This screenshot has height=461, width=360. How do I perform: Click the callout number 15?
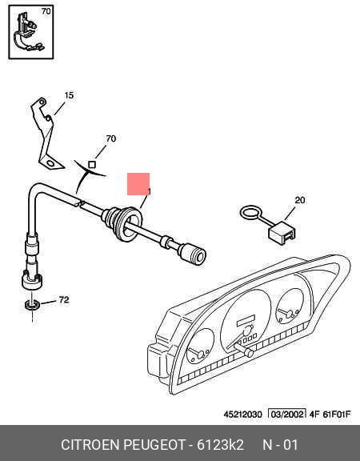point(69,95)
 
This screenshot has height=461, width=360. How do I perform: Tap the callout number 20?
point(300,200)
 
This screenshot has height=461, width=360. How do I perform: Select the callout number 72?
point(64,300)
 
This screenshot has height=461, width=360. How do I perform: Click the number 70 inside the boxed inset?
point(46,11)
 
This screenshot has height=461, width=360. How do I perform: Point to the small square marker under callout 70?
point(92,165)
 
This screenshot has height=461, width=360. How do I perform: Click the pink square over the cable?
point(138,184)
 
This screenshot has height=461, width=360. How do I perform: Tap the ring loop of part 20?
point(250,212)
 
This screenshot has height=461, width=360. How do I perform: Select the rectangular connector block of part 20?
point(282,232)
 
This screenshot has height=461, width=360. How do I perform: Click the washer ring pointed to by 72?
point(32,305)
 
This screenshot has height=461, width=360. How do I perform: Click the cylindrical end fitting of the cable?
point(193,254)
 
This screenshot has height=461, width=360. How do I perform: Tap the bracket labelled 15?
point(46,134)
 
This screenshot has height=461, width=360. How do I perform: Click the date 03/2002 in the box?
point(287,415)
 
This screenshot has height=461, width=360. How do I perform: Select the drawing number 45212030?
point(242,415)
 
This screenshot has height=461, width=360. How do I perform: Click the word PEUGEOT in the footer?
point(154,445)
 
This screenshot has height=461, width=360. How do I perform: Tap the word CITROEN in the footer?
point(90,445)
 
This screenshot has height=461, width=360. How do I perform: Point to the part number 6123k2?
point(220,445)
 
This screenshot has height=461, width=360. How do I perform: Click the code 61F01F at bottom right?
point(337,415)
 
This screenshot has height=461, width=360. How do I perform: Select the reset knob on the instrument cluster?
point(245,349)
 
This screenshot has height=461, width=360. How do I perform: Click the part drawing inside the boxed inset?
point(27,32)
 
